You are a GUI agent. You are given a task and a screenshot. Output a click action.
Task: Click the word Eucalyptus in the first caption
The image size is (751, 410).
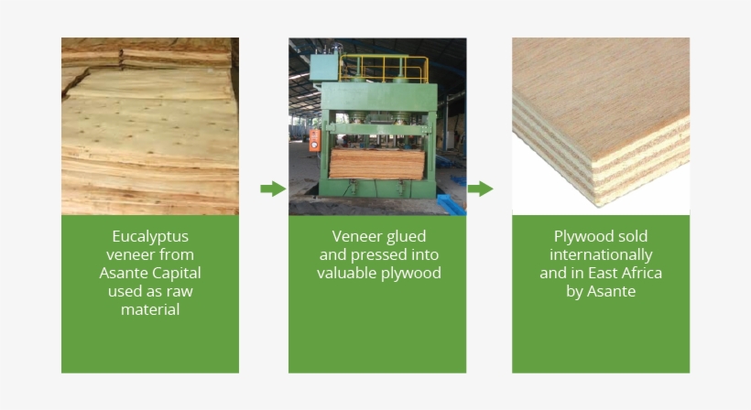(x=149, y=236)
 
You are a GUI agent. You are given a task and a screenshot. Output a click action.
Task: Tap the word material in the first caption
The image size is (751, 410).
(x=149, y=309)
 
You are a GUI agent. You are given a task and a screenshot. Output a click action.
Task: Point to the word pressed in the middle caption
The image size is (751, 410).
(x=378, y=254)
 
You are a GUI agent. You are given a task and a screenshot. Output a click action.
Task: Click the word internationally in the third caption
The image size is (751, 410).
(x=600, y=254)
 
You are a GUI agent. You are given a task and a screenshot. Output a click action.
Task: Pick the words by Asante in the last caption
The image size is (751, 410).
(x=600, y=291)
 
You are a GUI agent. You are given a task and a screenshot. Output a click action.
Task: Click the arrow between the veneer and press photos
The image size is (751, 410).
(x=272, y=189)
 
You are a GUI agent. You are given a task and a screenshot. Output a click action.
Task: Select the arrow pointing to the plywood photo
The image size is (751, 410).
(x=480, y=189)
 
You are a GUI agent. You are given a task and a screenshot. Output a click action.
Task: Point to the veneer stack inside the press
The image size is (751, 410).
(x=377, y=164)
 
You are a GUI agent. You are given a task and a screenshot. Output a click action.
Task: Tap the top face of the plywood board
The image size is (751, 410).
(x=595, y=82)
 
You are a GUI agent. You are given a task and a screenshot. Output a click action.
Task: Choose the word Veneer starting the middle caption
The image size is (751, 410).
(x=353, y=236)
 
